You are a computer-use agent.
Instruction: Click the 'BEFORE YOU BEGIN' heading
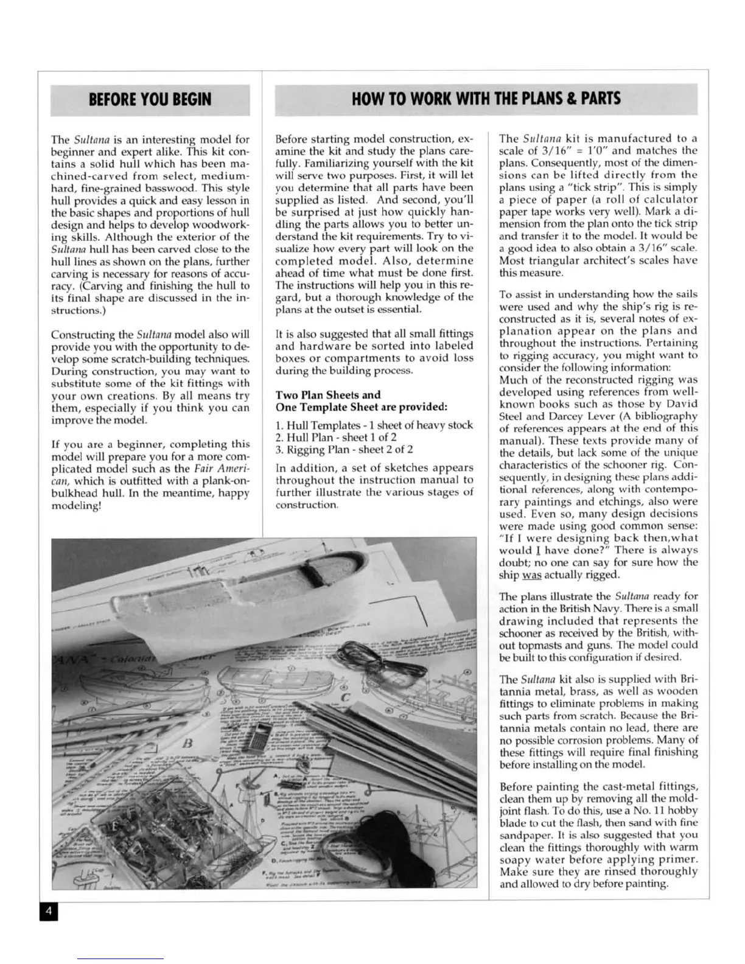click(x=150, y=99)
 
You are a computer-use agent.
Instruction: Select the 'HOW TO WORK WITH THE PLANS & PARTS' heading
click(x=486, y=99)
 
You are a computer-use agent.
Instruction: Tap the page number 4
click(x=49, y=912)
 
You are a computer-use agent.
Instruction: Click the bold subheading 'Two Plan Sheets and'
click(x=328, y=394)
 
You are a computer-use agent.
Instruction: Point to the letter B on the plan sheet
click(x=187, y=743)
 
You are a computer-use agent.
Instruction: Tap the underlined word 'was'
click(x=530, y=575)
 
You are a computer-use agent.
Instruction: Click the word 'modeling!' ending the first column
click(x=75, y=505)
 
